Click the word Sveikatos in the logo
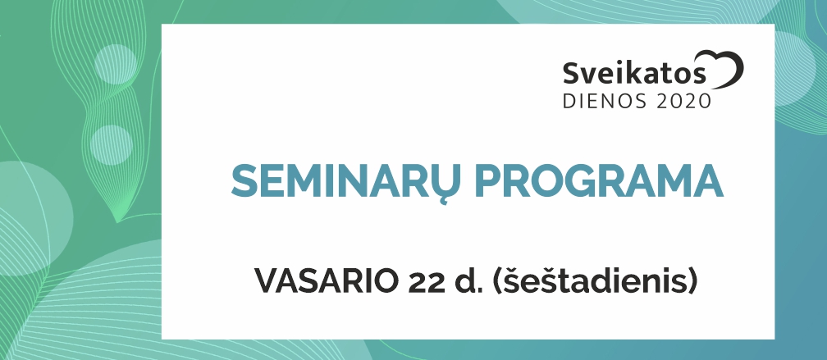[x=634, y=73]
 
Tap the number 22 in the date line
[x=425, y=282]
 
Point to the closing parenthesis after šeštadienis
[x=692, y=282]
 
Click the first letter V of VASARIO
[x=267, y=282]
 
